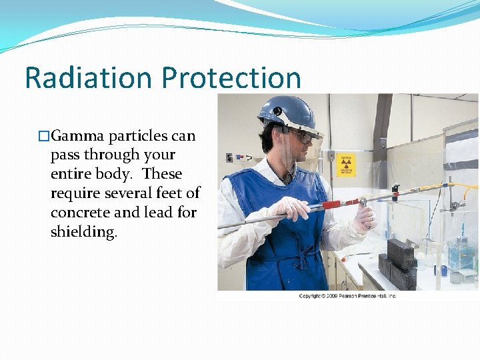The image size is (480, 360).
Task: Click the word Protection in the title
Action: [231, 77]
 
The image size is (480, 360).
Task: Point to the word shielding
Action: [83, 232]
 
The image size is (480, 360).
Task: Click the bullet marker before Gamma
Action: [45, 137]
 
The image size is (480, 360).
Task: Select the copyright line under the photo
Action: [347, 295]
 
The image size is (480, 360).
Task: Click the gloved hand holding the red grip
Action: [291, 209]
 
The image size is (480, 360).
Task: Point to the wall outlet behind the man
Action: [331, 155]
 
